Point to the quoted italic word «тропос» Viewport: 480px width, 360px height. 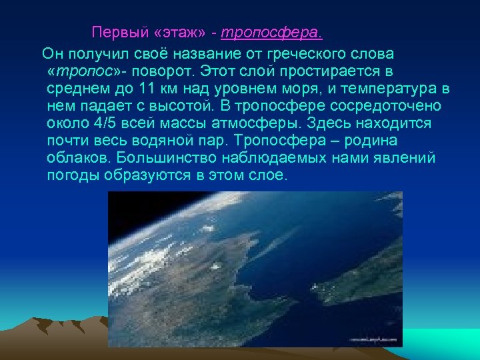pos(85,71)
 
